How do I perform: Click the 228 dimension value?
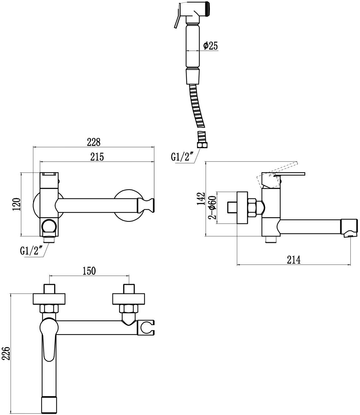point(94,142)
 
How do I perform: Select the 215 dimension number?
point(97,157)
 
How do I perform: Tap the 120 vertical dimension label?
point(17,204)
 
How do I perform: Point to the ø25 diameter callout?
point(211,46)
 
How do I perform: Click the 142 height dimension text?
point(201,198)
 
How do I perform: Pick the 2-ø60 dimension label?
point(212,207)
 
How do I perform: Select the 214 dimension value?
point(294,260)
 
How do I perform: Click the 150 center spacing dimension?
point(89,271)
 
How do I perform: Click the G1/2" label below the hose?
point(182,157)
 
